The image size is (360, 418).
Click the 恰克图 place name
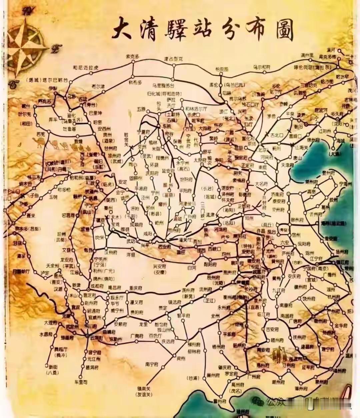(x=222, y=69)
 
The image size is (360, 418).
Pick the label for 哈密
(x=98, y=122)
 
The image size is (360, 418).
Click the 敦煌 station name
(x=78, y=141)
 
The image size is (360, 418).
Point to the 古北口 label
(x=276, y=135)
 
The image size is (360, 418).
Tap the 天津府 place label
(x=287, y=165)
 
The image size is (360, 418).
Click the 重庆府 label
(x=136, y=288)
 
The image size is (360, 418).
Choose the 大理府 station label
(x=51, y=323)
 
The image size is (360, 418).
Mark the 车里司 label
(x=81, y=381)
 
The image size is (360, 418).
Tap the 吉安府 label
(x=272, y=329)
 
